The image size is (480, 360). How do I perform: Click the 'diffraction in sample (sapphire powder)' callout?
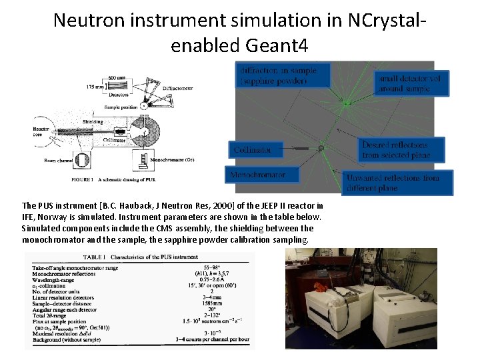click(x=284, y=75)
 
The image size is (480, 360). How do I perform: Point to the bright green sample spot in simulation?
click(x=345, y=103)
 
